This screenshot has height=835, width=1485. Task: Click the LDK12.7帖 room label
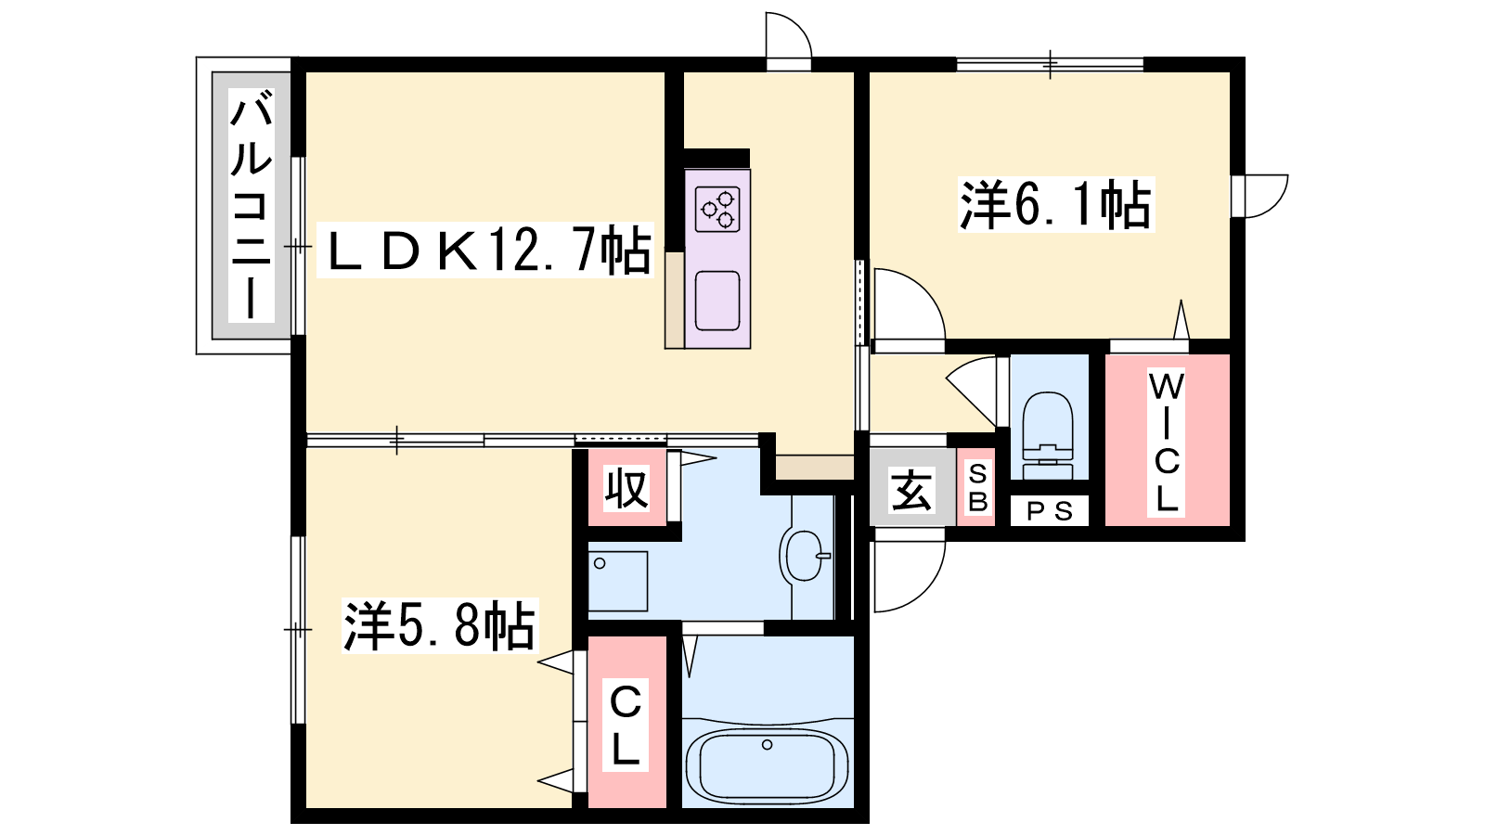485,250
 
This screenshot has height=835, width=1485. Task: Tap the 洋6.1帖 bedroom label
1055,204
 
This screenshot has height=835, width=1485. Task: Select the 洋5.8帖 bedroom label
439,625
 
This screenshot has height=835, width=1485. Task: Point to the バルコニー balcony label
252,206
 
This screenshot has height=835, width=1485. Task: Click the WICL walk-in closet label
1166,443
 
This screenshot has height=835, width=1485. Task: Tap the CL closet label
625,725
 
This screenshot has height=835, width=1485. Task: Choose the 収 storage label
626,489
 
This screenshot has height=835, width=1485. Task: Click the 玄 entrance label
911,491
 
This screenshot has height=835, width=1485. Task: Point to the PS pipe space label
1050,511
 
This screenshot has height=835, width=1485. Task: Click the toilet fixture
1048,434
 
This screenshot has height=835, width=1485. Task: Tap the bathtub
767,766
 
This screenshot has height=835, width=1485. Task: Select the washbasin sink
803,556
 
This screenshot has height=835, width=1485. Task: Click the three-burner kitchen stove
717,208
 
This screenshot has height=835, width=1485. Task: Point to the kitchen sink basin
717,301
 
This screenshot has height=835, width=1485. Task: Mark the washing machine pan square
618,581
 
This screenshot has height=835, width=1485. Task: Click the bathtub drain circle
767,745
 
